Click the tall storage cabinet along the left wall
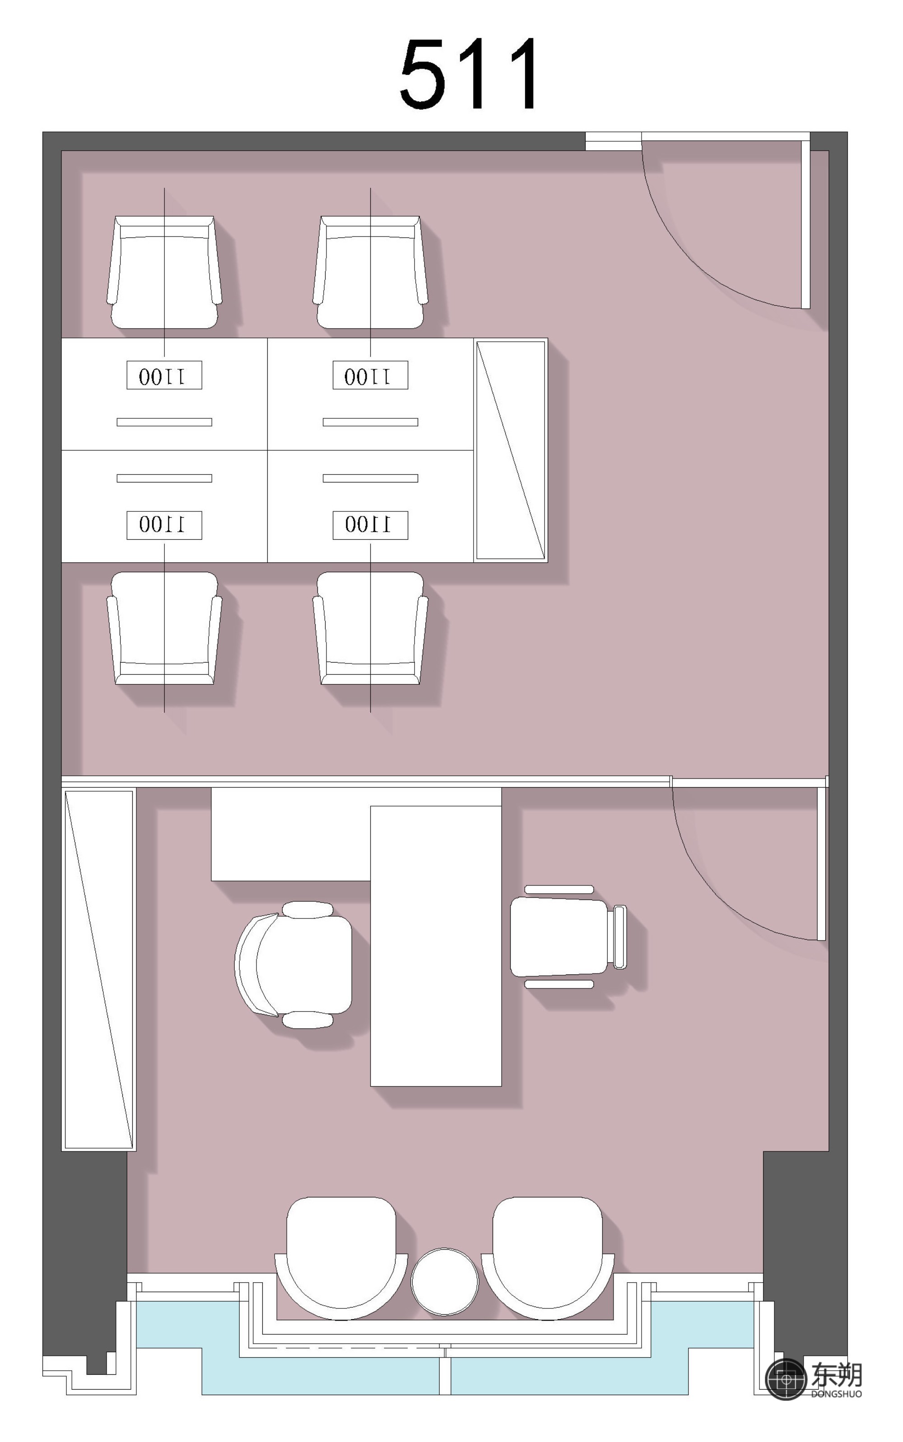coord(98,969)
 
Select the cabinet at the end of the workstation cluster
coord(511,450)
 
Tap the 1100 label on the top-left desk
coord(164,376)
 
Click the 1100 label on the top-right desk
coord(370,376)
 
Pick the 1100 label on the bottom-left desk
coord(164,524)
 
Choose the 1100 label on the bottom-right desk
coord(370,524)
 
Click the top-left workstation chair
coord(164,272)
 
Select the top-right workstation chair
coord(370,272)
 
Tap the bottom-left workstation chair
coord(164,628)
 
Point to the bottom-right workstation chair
coord(370,628)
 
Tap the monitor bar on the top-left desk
coord(164,422)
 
